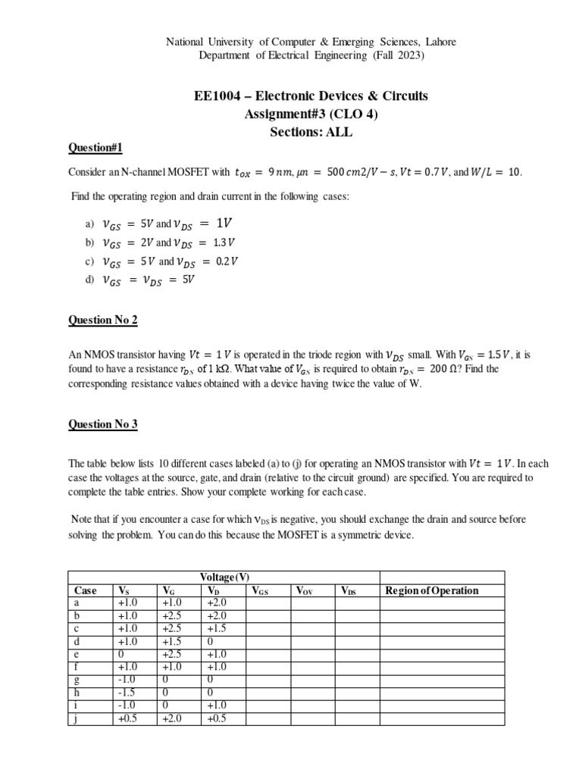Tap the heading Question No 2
103,320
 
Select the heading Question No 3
103,424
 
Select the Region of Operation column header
432,590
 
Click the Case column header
85,590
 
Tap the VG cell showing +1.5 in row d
173,641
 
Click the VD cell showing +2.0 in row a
217,602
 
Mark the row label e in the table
77,654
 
